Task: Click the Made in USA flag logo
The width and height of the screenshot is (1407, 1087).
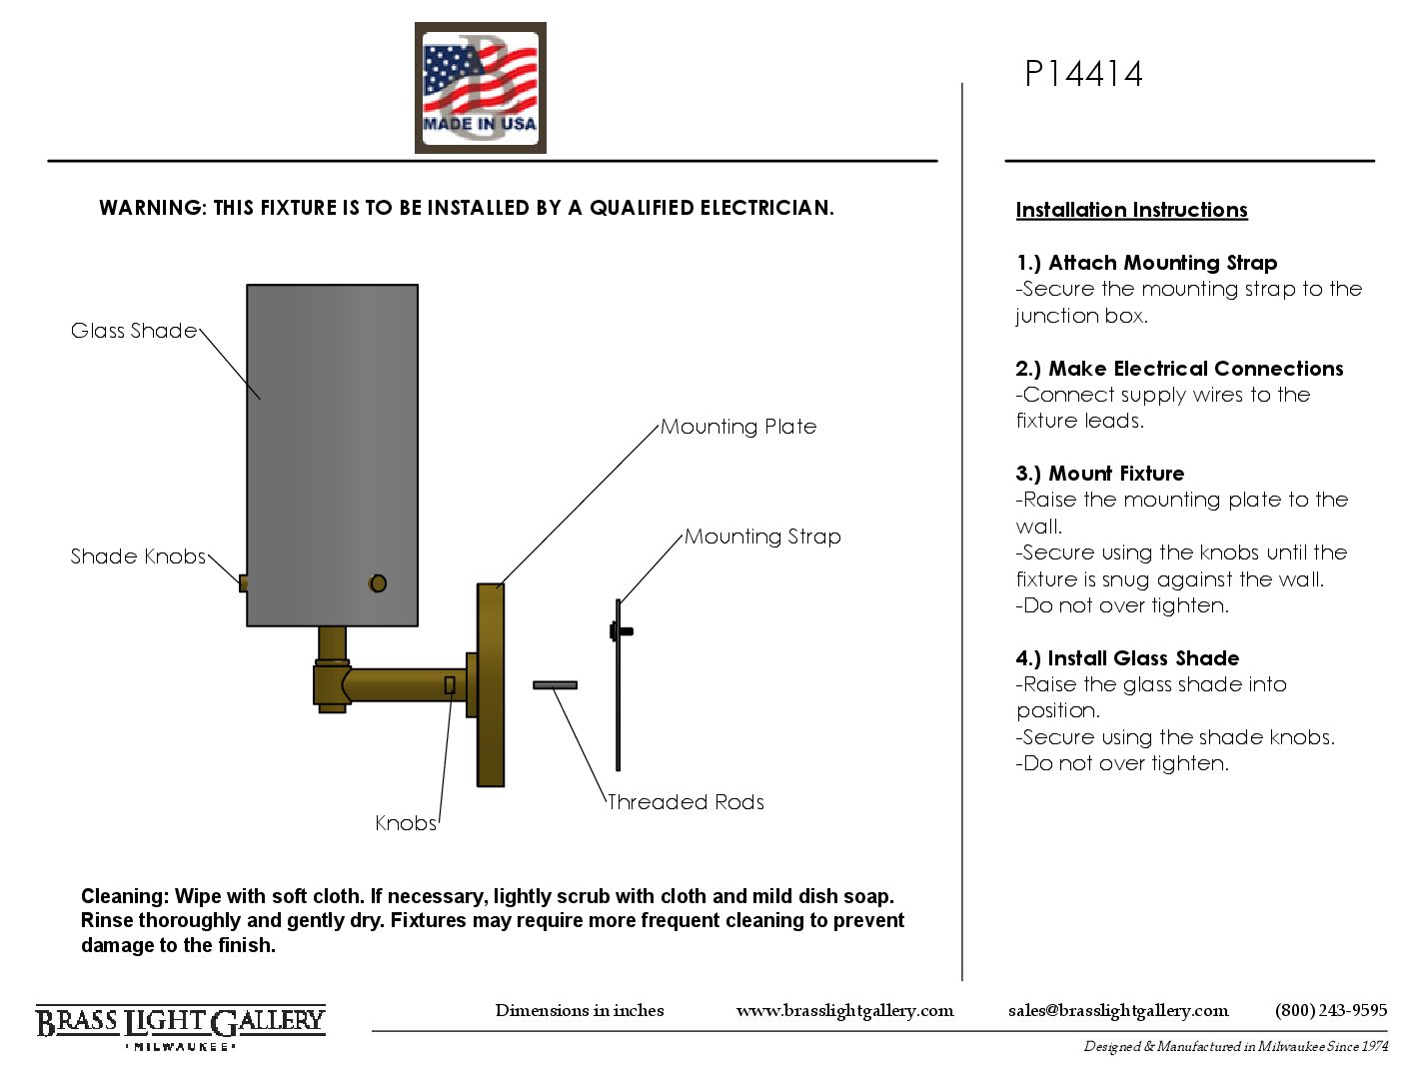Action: (x=480, y=87)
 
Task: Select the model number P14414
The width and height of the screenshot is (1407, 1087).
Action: (x=1083, y=74)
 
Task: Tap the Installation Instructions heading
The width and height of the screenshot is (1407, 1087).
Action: (x=1131, y=210)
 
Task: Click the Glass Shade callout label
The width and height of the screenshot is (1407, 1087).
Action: (x=133, y=330)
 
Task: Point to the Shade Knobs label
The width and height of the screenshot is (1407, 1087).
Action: (x=138, y=556)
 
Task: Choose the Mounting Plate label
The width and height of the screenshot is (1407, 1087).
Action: (x=738, y=427)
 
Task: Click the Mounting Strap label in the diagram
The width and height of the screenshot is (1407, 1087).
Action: (x=762, y=537)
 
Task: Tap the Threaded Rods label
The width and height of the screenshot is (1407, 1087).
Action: (x=686, y=802)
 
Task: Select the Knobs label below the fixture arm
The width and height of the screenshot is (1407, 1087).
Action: (x=406, y=823)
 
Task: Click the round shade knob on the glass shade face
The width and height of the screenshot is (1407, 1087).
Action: (x=378, y=583)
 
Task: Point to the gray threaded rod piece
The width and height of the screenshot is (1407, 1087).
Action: (x=555, y=685)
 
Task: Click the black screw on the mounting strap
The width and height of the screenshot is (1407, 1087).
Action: (x=622, y=631)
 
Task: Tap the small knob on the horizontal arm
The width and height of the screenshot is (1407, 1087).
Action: (x=450, y=685)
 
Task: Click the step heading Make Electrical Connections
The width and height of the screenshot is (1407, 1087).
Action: (x=1179, y=369)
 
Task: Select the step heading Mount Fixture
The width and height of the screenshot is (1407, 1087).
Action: (x=1099, y=474)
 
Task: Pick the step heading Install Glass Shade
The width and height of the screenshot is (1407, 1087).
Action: (x=1127, y=658)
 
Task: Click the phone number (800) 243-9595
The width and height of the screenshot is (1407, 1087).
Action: (x=1331, y=1011)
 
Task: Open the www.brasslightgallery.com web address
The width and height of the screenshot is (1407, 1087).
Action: (x=844, y=1011)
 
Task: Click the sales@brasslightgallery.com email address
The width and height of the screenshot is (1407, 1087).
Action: (x=1117, y=1011)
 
